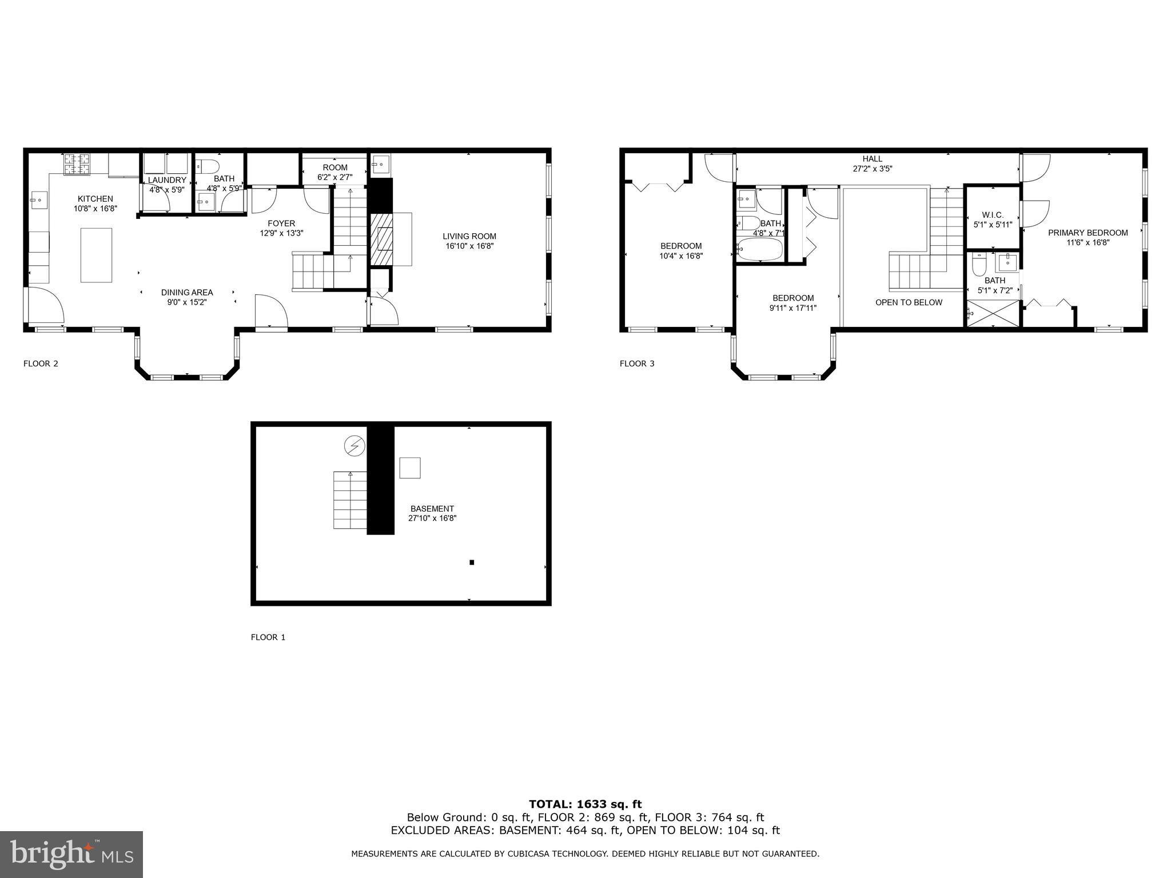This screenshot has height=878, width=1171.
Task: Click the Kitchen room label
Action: tap(95, 199)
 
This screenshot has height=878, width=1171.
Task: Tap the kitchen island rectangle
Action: tap(96, 255)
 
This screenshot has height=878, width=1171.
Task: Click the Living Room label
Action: tap(469, 236)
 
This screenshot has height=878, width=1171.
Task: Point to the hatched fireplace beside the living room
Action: tap(382, 240)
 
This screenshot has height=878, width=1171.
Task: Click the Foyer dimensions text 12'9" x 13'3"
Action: tap(281, 233)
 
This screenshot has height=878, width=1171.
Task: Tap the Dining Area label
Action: tap(187, 293)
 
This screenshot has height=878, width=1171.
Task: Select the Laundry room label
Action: tap(167, 180)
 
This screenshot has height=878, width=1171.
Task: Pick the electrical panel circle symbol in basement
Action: tap(354, 446)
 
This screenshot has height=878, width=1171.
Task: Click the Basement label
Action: tap(432, 509)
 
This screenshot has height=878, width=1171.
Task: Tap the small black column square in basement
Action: tap(472, 562)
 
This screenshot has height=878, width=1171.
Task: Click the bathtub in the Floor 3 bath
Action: tap(760, 250)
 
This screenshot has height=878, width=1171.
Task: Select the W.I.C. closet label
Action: tap(993, 215)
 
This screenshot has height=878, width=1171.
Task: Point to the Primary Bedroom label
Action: tap(1088, 233)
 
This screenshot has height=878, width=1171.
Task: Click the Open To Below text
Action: tap(909, 302)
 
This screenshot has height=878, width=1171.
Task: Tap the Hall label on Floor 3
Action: tap(873, 159)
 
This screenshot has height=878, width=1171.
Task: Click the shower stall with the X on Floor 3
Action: tap(993, 314)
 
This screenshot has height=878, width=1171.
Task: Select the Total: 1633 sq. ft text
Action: tap(585, 805)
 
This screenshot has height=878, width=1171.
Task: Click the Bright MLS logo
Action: tap(71, 854)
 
